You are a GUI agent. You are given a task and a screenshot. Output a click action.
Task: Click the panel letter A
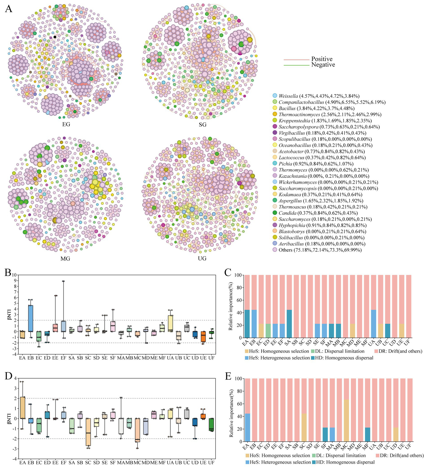9,9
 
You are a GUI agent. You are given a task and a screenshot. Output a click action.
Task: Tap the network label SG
203,124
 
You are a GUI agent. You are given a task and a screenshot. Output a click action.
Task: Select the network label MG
65,259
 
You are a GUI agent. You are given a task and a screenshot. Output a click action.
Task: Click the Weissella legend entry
316,96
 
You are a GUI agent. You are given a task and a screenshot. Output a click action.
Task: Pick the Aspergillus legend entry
318,201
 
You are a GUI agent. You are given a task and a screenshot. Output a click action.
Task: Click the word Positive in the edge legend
322,59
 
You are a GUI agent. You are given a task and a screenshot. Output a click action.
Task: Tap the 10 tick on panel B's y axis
14,275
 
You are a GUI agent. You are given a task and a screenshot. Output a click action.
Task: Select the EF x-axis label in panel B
64,358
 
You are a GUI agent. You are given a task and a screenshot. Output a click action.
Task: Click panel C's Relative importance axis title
230,306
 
